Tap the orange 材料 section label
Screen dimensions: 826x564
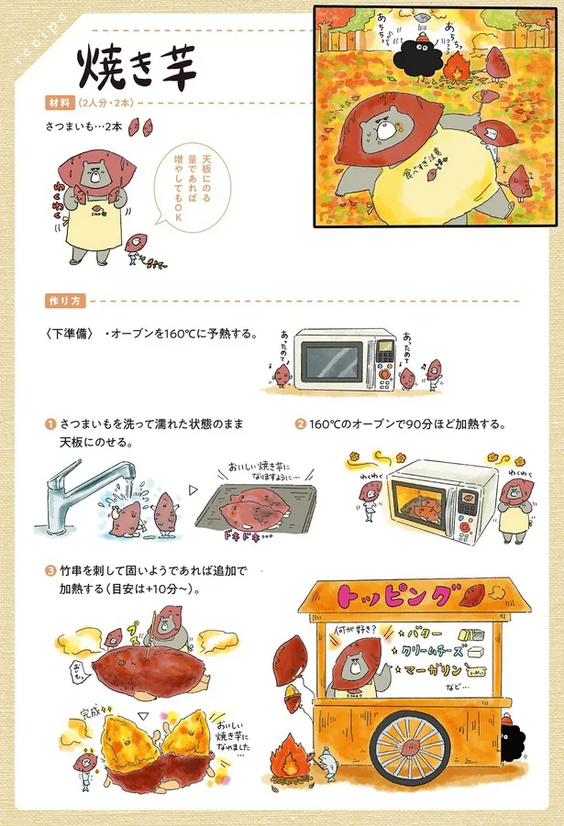pyautogui.click(x=60, y=102)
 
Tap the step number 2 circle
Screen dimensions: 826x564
pyautogui.click(x=300, y=424)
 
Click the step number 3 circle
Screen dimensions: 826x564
pyautogui.click(x=50, y=571)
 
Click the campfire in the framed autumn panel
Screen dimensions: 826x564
pyautogui.click(x=456, y=66)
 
